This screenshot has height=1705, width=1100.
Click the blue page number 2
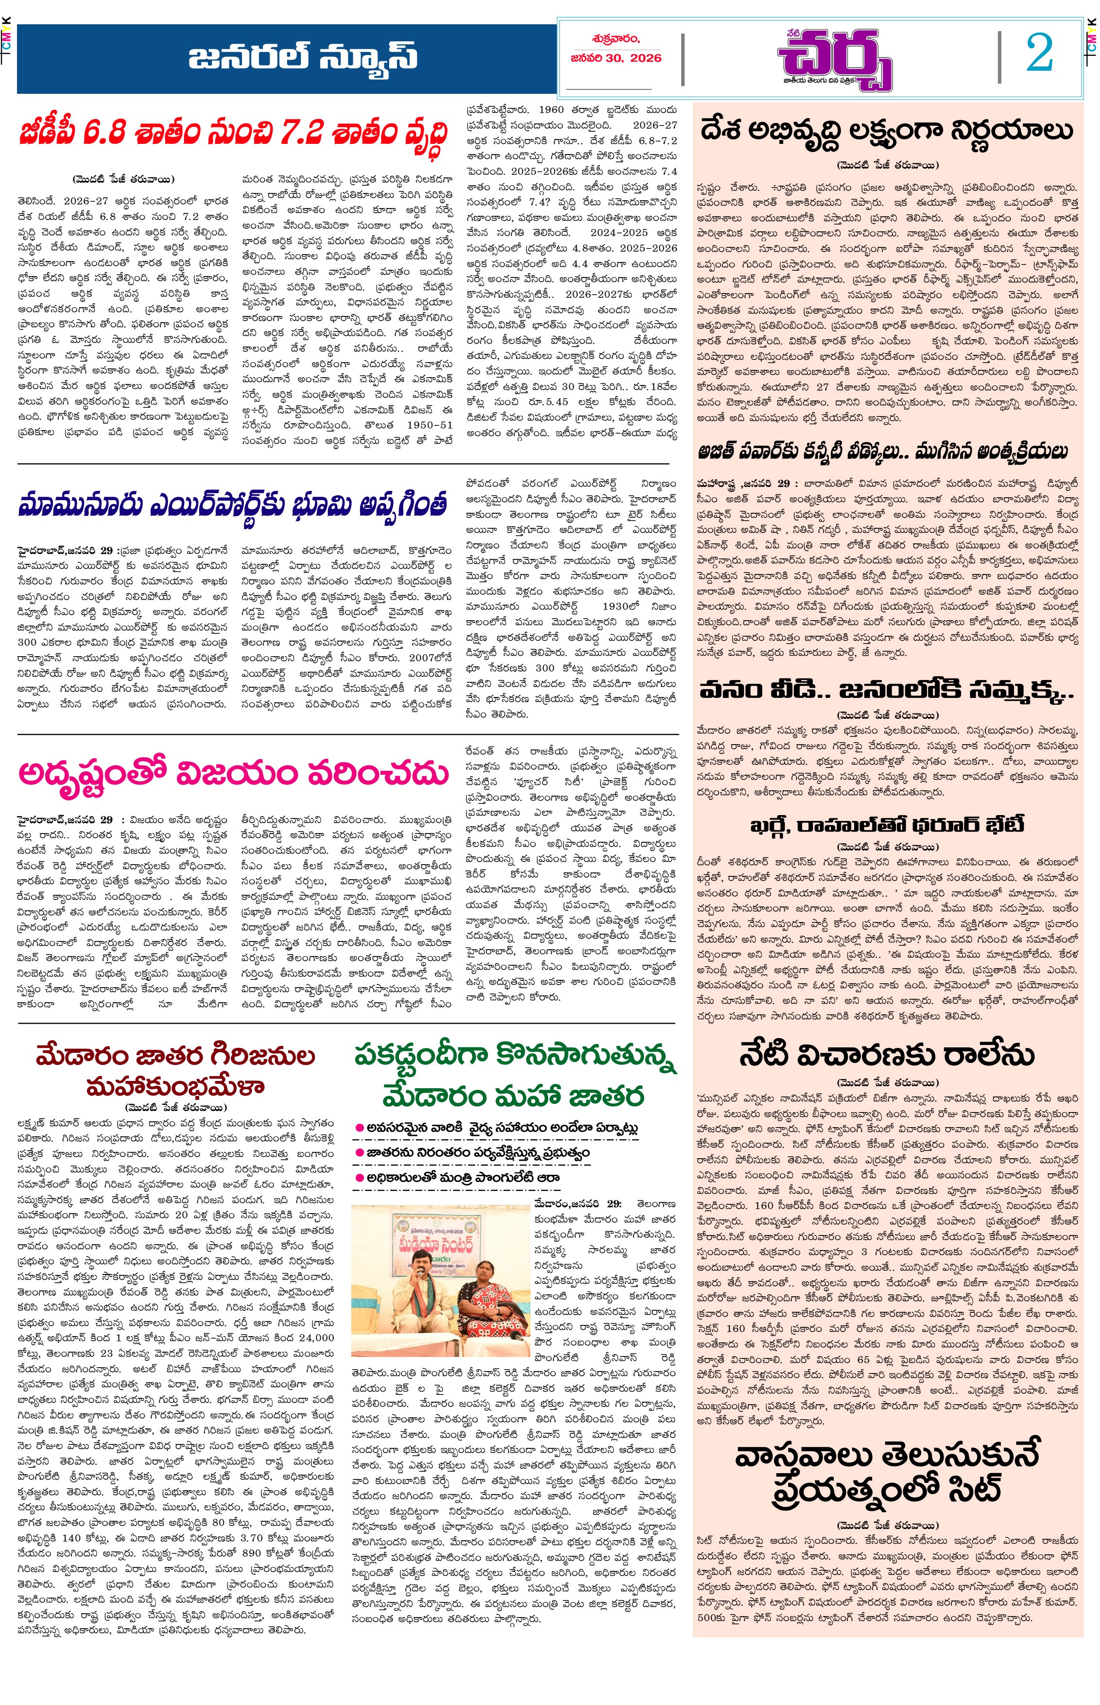(x=1039, y=53)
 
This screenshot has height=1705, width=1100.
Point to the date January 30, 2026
(x=616, y=58)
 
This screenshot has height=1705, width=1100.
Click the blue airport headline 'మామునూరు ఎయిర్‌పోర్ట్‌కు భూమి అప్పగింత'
(x=233, y=504)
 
